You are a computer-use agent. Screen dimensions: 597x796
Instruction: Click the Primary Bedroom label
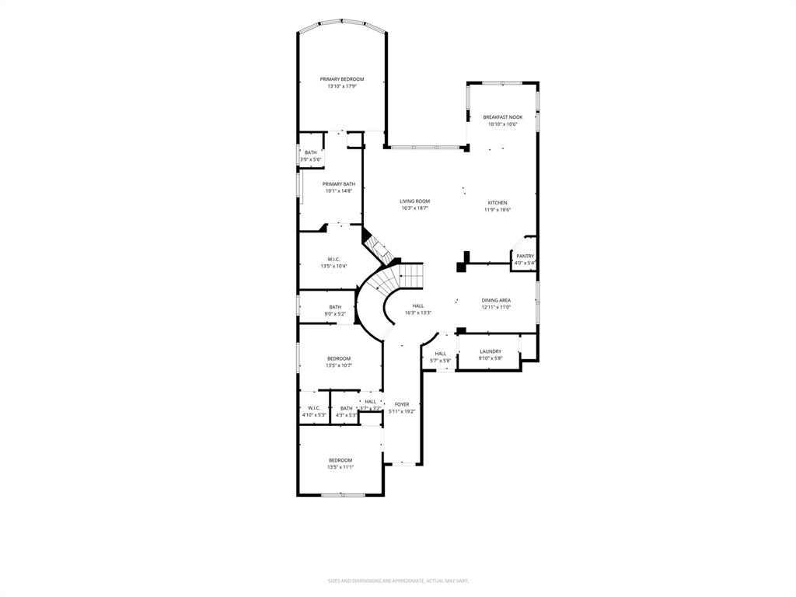342,79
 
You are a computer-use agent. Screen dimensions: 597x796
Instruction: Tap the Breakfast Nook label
503,117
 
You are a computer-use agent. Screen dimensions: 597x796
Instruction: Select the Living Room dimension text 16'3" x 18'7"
415,208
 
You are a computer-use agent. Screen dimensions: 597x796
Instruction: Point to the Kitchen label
497,203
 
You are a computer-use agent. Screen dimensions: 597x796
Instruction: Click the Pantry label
525,256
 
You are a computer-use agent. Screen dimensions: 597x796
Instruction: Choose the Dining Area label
495,300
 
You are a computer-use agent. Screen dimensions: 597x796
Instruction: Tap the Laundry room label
490,351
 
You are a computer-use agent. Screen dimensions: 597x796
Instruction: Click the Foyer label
401,404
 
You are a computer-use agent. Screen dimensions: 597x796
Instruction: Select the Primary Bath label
339,184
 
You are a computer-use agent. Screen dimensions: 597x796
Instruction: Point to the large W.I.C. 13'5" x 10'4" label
333,260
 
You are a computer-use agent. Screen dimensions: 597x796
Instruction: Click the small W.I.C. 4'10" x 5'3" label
314,408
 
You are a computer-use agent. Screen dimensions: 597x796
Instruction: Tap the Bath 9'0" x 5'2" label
335,307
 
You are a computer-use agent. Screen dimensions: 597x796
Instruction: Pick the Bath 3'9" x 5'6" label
310,152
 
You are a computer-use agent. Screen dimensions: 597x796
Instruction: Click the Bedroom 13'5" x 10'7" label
338,358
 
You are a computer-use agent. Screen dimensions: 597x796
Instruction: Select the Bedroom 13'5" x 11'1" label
340,460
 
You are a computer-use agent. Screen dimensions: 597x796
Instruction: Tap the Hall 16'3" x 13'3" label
418,306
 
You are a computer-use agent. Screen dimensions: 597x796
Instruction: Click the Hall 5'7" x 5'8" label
440,354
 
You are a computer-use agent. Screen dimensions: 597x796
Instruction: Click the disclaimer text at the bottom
397,581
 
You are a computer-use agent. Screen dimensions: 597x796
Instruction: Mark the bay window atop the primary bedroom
342,23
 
